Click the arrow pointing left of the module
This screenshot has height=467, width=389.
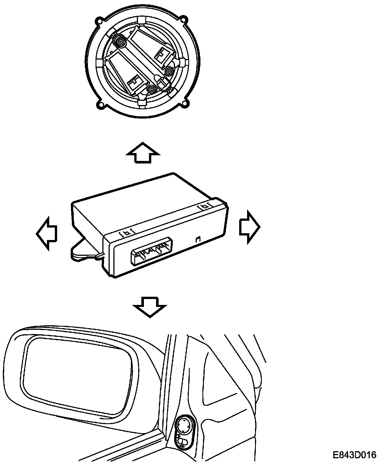click(x=47, y=233)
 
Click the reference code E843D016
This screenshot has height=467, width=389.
click(x=354, y=455)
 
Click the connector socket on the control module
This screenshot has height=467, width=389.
click(x=152, y=252)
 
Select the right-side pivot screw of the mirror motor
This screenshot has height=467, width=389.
click(x=169, y=72)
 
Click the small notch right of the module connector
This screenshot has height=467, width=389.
click(x=198, y=239)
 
